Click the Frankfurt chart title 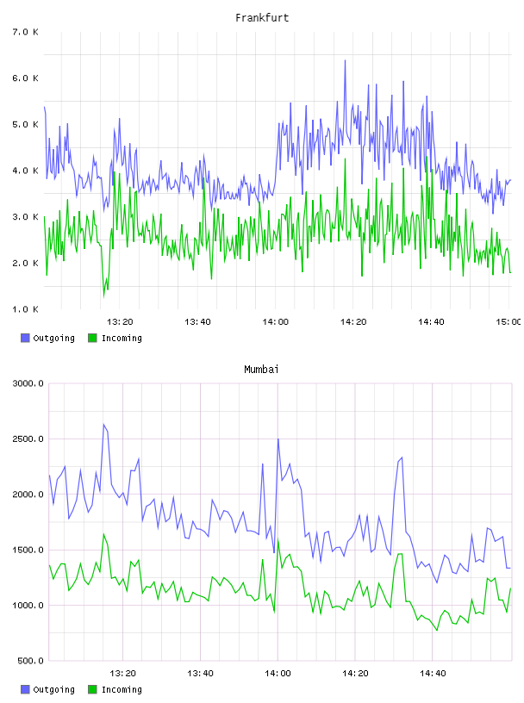click(262, 17)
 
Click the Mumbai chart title click(261, 369)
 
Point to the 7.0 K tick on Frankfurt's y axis click(26, 32)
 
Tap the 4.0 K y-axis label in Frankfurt click(26, 171)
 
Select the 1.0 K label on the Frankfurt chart click(26, 309)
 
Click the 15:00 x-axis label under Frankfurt click(508, 321)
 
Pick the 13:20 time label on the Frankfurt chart click(120, 321)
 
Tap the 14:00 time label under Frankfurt click(276, 321)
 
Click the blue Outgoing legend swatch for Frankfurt click(25, 338)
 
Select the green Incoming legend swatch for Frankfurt click(92, 338)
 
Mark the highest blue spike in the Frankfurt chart click(345, 60)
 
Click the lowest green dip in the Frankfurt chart click(104, 296)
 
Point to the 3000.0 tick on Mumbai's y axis click(28, 383)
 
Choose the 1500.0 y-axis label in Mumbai click(28, 550)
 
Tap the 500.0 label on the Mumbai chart click(30, 661)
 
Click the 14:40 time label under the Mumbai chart click(433, 673)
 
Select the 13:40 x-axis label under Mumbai click(200, 673)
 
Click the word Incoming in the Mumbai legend click(122, 689)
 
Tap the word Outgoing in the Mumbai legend click(53, 689)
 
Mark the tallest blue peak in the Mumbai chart click(103, 425)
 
